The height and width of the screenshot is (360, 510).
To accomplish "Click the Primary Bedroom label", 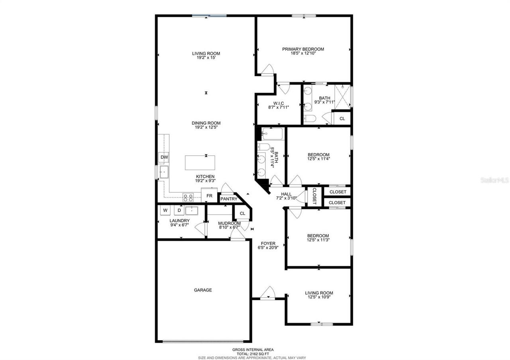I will coord(303,49).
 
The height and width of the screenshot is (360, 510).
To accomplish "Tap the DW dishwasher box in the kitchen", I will coord(164,157).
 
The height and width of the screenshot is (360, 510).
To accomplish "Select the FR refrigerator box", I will coord(209,196).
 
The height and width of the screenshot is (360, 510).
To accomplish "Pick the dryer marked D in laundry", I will coord(179,210).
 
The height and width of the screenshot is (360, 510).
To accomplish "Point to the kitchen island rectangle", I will coord(200,162).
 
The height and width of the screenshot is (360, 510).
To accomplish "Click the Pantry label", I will coord(229,199).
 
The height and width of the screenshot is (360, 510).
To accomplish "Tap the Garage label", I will coord(203,290).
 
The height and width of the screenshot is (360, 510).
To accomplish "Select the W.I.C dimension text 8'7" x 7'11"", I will coord(279,107).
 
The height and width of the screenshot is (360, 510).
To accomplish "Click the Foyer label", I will coord(268,243).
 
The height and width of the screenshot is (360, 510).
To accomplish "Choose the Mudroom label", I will coord(229,223).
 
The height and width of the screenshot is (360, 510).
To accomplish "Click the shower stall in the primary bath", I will coord(342,96).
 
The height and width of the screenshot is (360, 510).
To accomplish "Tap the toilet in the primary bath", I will coord(310,118).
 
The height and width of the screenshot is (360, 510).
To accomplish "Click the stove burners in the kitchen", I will coord(188,196).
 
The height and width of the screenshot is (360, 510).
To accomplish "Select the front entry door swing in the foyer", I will coord(268,292).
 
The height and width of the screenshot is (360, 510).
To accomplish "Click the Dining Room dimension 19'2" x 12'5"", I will coord(206,128).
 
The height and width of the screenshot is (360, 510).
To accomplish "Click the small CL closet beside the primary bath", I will coord(342,119).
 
